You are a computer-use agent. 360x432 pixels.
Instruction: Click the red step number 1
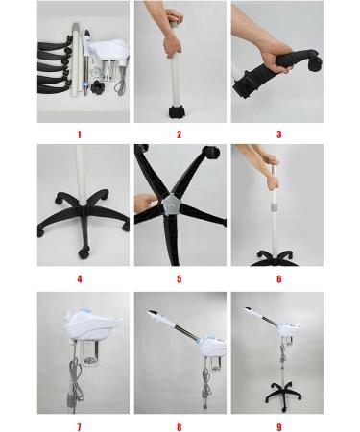80,134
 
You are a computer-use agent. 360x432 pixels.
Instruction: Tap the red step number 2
179,134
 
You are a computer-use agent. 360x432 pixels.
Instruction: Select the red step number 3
279,134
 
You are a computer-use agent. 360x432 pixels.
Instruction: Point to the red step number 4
80,279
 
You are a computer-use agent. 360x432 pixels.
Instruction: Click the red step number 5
180,279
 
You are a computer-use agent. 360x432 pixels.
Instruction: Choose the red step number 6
279,279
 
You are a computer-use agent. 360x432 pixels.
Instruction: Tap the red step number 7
80,427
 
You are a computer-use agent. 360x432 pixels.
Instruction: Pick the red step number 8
180,427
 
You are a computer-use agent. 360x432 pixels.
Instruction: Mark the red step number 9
279,427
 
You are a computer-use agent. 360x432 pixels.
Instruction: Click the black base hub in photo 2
177,113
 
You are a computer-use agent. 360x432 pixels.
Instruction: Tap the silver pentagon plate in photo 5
171,205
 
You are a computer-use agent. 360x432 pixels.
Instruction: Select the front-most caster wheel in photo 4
84,253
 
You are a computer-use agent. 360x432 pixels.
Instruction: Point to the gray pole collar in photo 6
274,206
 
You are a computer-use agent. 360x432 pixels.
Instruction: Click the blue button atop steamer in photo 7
84,310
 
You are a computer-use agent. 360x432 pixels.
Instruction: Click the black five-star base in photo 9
283,396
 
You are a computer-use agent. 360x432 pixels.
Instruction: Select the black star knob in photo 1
97,86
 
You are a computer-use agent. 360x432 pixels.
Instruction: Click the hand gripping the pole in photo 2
173,45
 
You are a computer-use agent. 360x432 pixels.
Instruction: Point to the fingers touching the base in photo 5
146,204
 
